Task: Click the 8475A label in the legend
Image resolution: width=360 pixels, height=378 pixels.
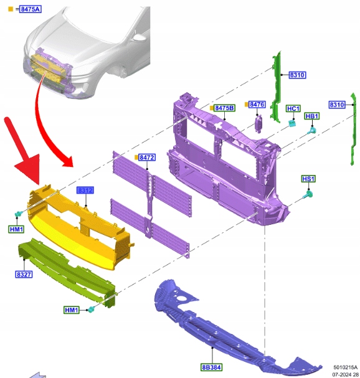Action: [31, 9]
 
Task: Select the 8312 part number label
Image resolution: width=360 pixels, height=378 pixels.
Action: [85, 190]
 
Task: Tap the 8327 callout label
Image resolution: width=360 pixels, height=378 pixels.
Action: [24, 275]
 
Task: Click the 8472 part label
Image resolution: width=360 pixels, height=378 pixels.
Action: [147, 158]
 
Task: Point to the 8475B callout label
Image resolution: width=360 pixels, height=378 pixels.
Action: [224, 108]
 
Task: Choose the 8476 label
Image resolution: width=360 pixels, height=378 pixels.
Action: [257, 105]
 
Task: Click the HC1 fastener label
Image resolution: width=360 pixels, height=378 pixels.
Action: [293, 109]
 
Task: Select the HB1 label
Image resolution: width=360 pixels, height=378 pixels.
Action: [312, 116]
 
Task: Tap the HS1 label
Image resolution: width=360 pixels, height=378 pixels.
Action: [308, 179]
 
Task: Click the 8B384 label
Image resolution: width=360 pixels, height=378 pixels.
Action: [212, 367]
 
